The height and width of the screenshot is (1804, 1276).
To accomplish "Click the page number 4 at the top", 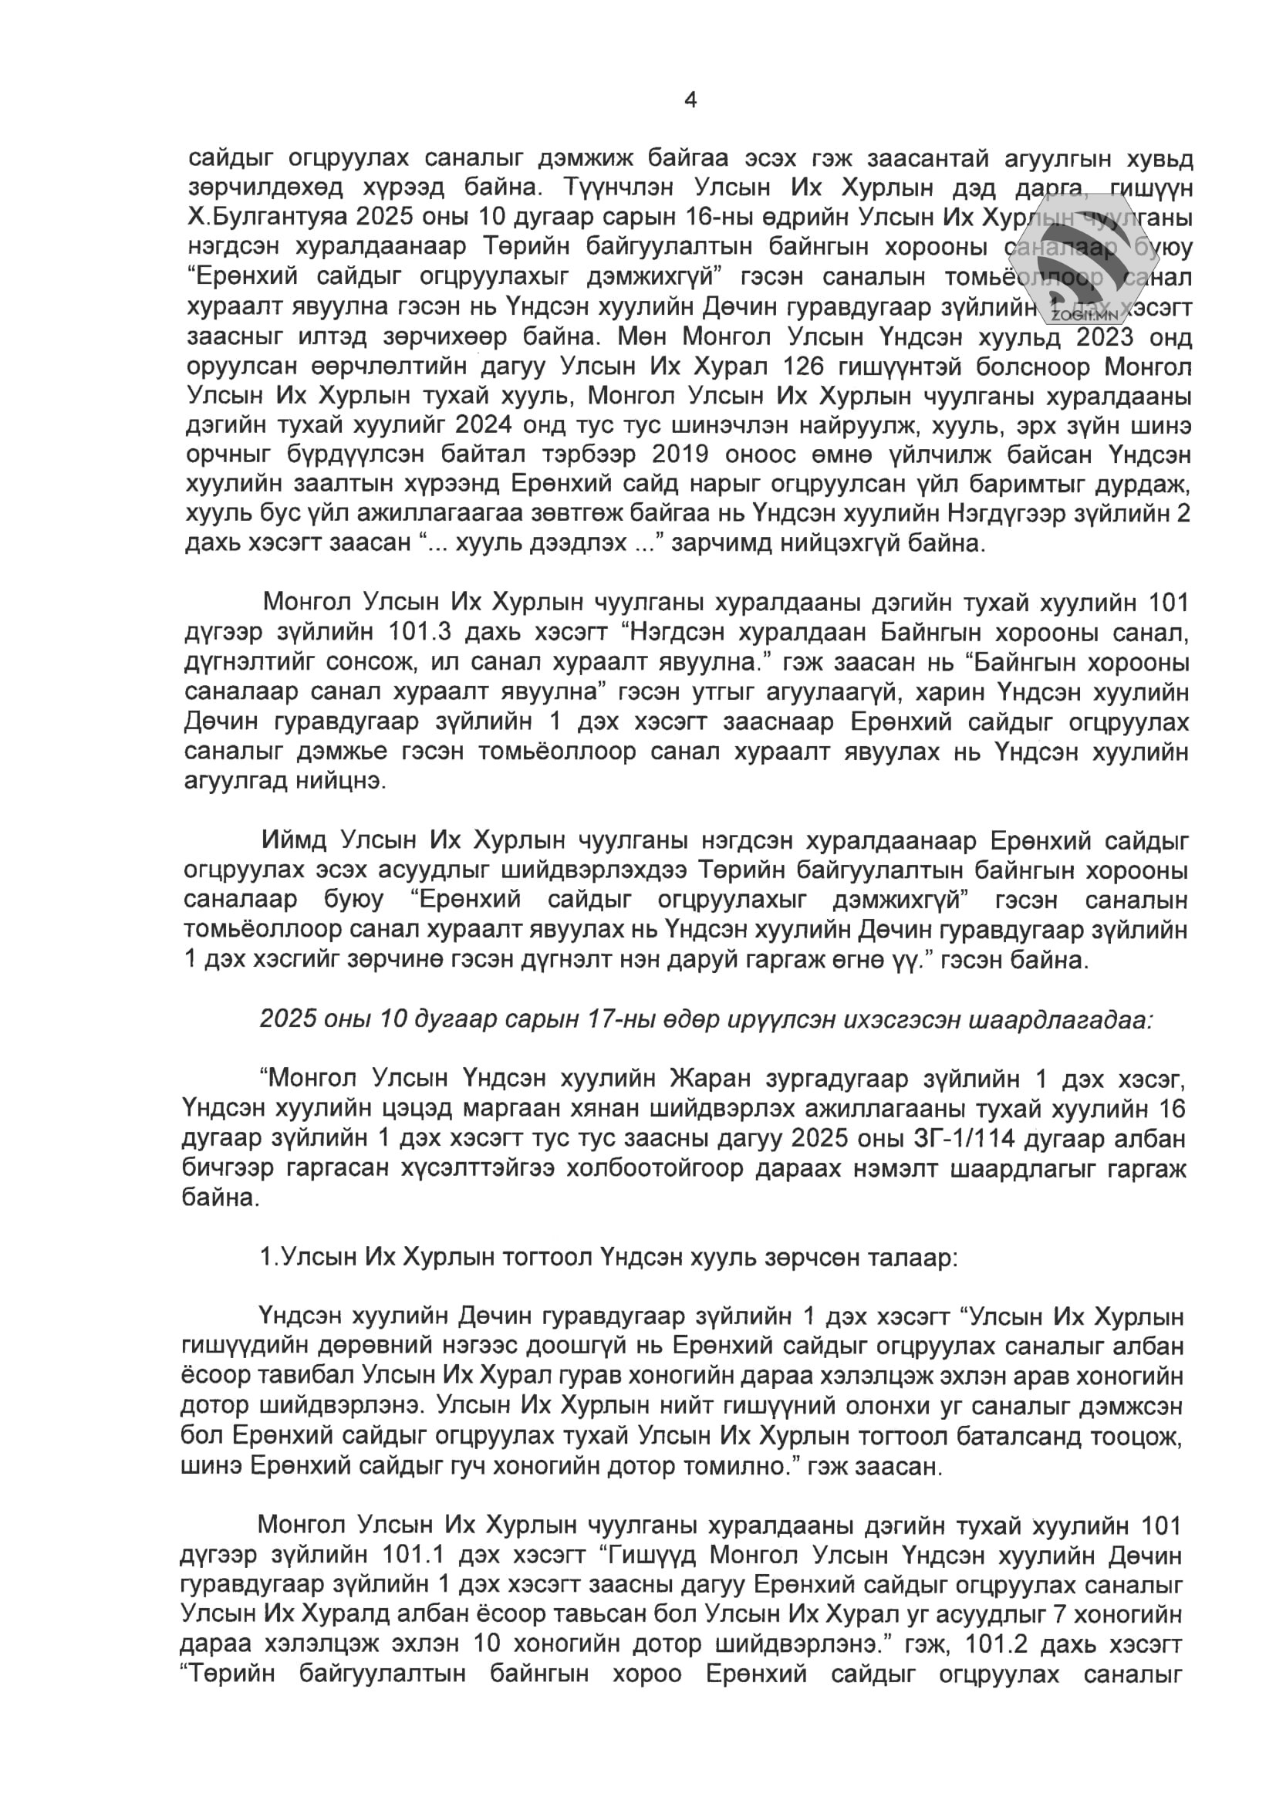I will (690, 100).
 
